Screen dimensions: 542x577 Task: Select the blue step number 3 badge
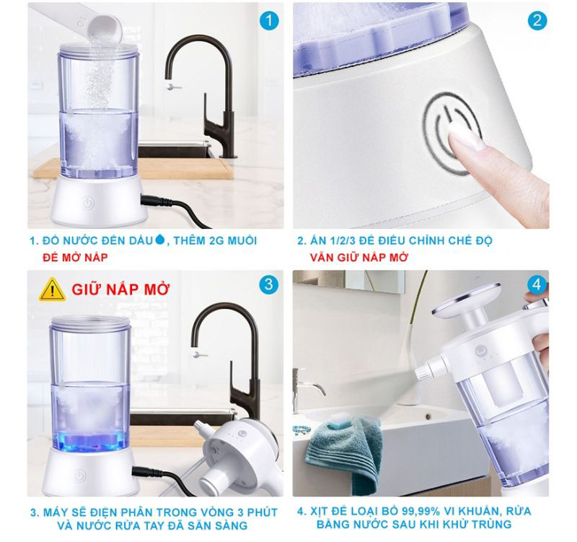click(268, 284)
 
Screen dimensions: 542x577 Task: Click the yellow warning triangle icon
click(53, 290)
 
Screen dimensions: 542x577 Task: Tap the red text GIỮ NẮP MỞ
click(120, 290)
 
